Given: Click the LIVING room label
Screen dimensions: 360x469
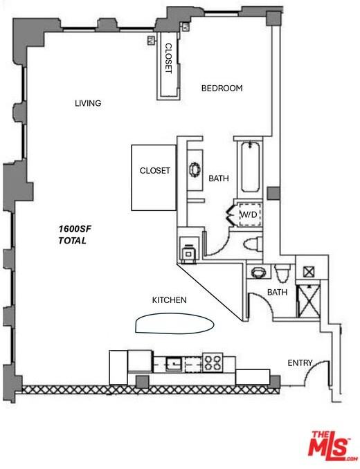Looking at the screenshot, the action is click(88, 103).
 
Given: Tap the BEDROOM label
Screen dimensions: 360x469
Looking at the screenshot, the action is click(222, 89).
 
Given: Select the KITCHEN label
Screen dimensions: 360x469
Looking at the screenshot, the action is click(170, 300).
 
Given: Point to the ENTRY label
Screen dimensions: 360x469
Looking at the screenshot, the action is click(300, 362).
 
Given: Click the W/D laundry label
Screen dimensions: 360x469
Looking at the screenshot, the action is click(249, 214).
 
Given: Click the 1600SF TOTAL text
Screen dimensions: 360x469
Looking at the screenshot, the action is click(75, 234).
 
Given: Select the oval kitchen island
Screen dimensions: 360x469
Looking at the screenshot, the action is click(174, 323).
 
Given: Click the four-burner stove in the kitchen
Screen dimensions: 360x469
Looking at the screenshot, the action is click(213, 362).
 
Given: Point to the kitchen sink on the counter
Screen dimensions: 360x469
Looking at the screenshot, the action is click(174, 363).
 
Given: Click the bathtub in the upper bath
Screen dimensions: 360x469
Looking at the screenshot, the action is click(250, 167).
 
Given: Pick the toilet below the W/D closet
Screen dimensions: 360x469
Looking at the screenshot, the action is click(253, 243).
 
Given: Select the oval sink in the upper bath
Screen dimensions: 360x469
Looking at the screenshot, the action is click(195, 170).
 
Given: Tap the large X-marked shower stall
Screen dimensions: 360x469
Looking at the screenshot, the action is click(309, 301).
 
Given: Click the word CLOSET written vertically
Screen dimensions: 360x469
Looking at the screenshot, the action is click(168, 58).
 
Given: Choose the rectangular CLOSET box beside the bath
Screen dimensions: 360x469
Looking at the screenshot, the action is click(154, 178).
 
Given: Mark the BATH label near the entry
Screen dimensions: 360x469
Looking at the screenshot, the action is click(277, 292).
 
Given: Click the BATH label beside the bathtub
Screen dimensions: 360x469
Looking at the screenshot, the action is click(219, 178).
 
